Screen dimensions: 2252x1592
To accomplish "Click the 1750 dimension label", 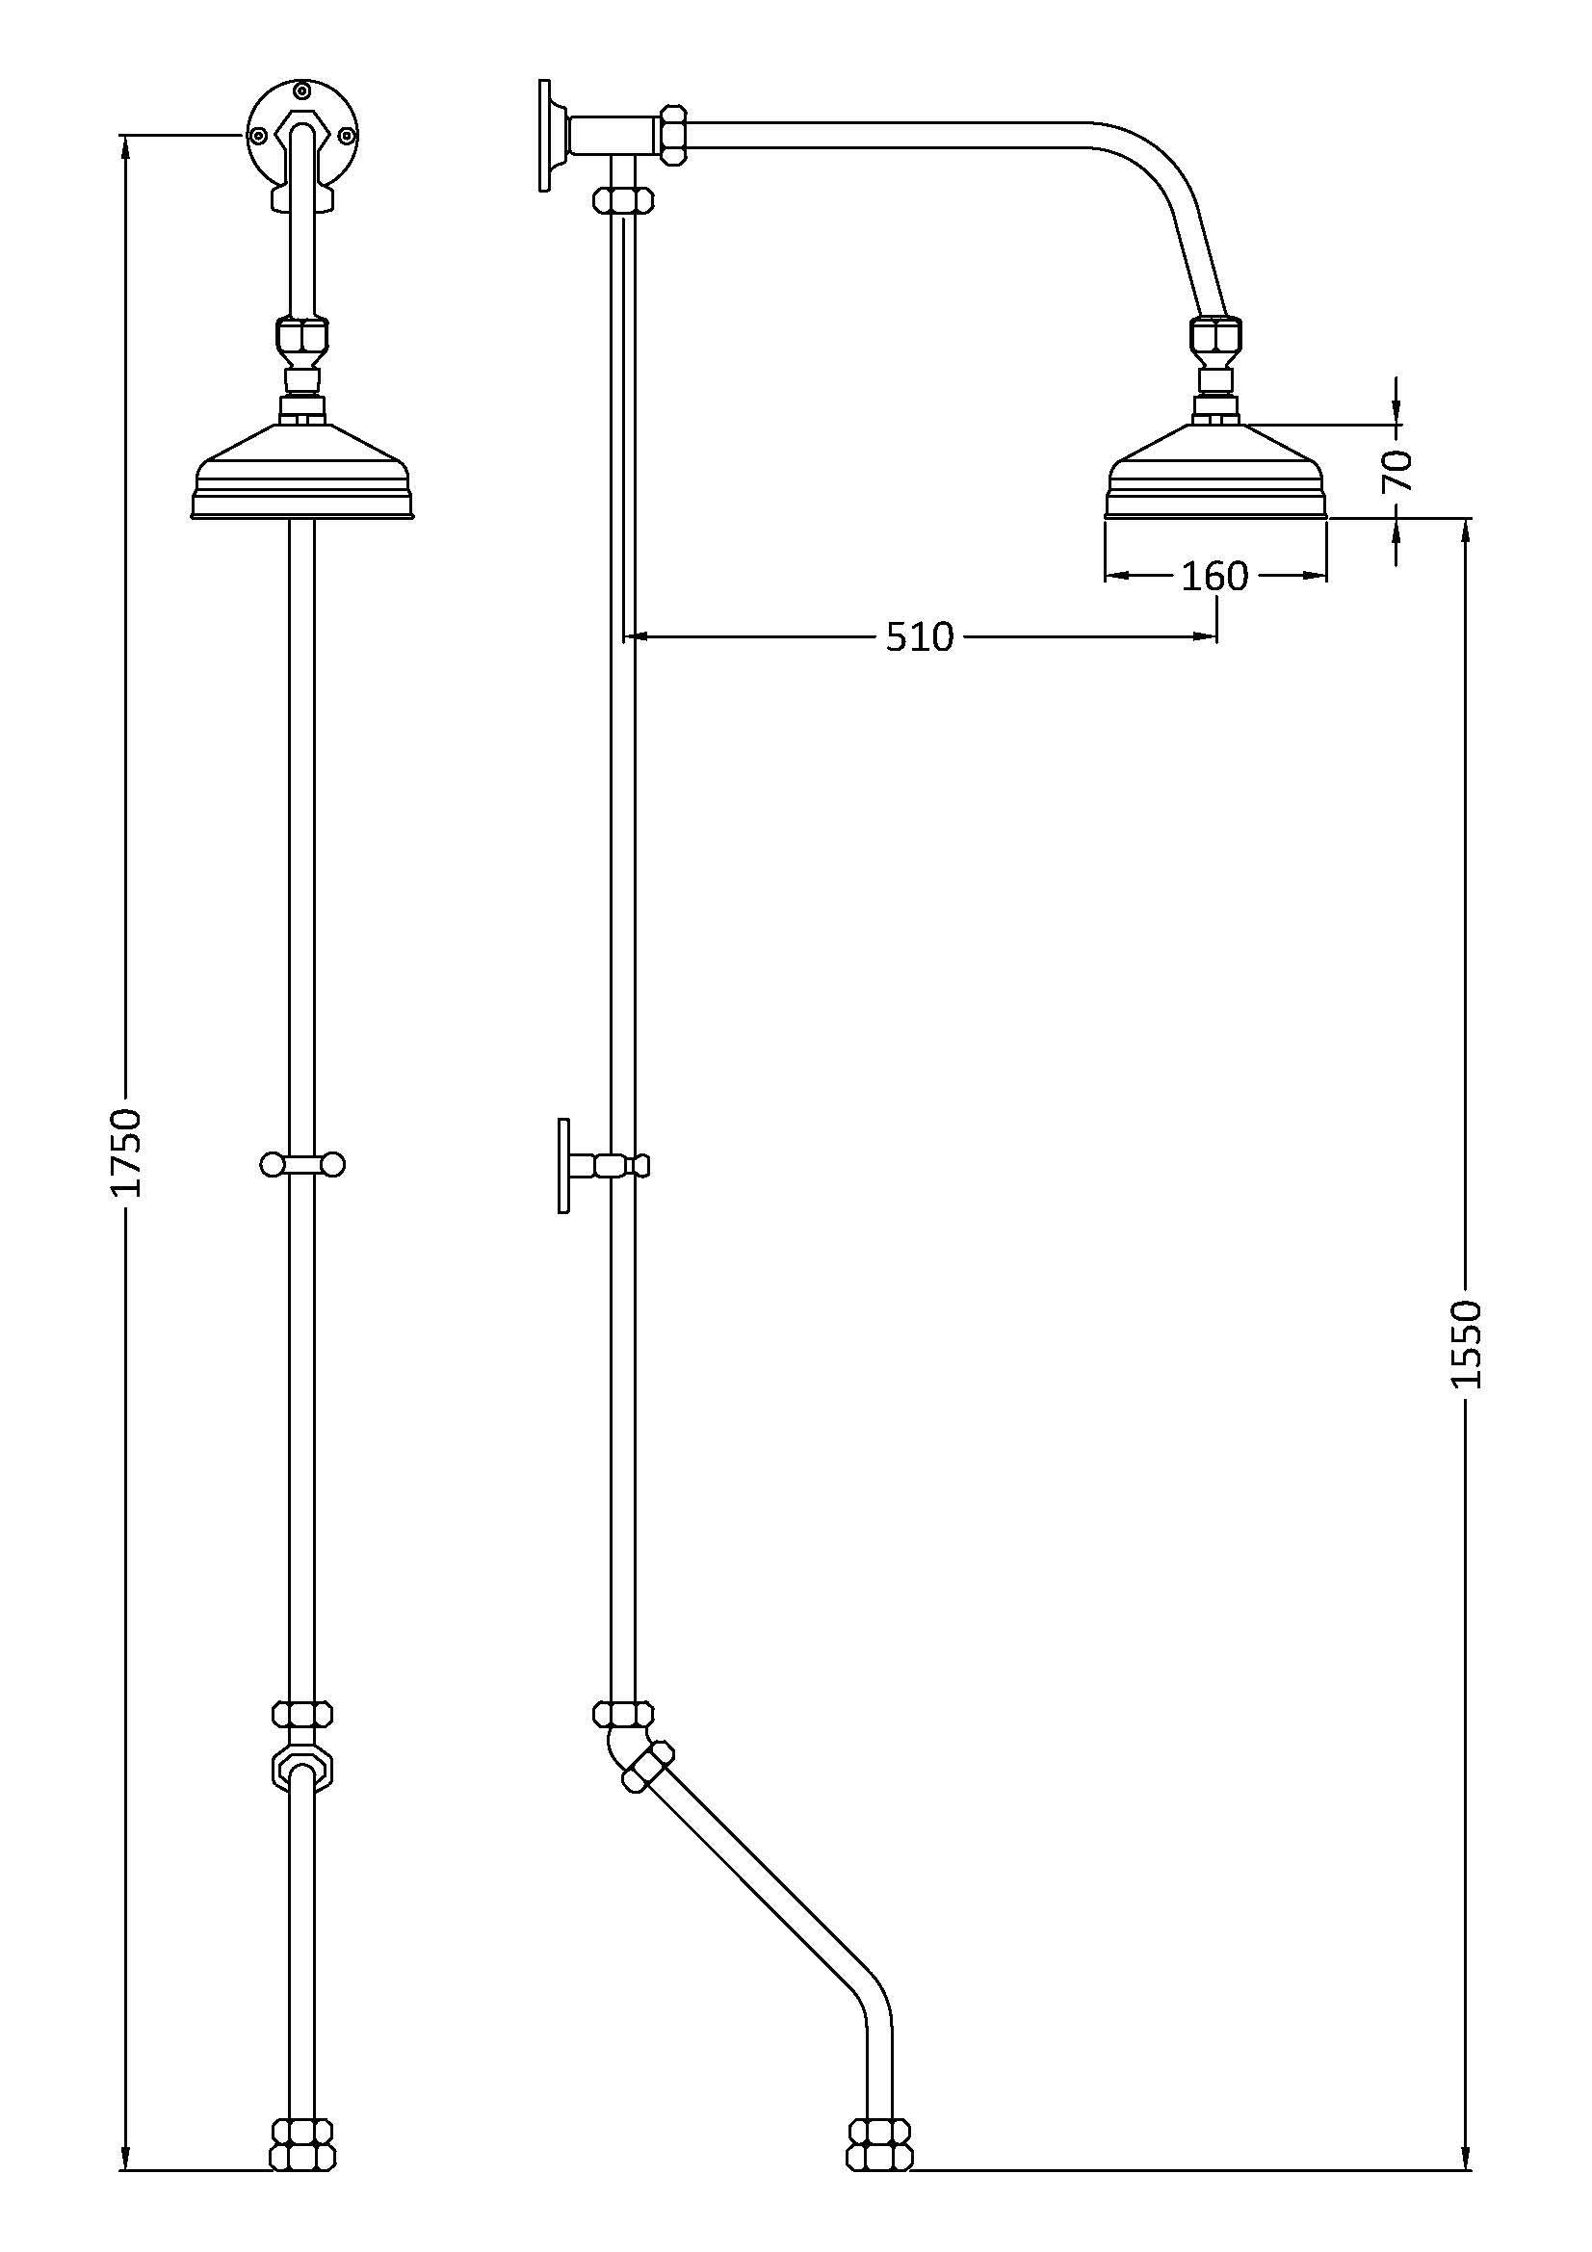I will (125, 1152).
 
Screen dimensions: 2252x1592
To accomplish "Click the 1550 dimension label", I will (1466, 1344).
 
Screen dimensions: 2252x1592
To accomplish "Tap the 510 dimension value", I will (919, 637).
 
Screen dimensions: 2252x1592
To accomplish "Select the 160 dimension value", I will (1214, 577).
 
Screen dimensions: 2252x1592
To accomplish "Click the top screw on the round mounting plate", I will (302, 92).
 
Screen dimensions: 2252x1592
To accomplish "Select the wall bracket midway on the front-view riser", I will (302, 1164).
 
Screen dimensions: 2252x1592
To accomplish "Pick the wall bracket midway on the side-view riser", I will (600, 1165).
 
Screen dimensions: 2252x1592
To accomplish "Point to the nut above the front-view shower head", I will (302, 338).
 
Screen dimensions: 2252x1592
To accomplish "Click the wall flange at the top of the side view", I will (546, 135).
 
